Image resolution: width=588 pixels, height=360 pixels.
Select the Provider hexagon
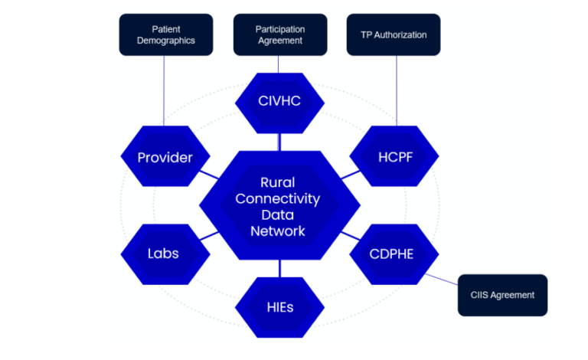(x=165, y=158)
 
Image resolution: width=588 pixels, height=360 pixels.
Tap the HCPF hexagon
(x=394, y=158)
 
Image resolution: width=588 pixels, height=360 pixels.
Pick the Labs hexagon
(x=163, y=253)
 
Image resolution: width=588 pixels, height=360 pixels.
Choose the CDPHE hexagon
(x=392, y=253)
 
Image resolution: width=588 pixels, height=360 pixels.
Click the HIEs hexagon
(x=279, y=308)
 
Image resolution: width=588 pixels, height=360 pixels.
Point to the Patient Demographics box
(x=164, y=34)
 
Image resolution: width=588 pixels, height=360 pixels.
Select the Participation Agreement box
(x=279, y=34)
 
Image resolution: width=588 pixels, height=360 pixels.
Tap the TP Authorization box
(x=394, y=34)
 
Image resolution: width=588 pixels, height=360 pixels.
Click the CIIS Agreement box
(x=502, y=295)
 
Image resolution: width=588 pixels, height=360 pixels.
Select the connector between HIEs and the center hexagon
(x=279, y=268)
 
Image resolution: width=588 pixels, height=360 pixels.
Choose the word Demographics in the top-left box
(x=164, y=41)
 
